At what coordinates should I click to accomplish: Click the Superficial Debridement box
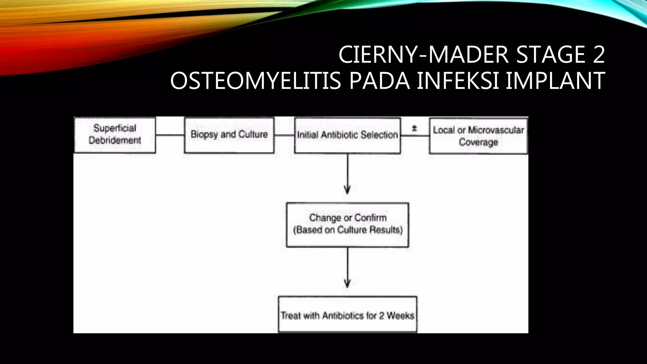coord(114,135)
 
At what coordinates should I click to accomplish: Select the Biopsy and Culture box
coord(229,135)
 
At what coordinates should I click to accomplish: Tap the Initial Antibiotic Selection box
coord(347,135)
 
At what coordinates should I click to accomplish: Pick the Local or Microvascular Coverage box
coord(478,136)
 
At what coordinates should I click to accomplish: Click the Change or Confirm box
coord(348,224)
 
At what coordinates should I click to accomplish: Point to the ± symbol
coord(414,129)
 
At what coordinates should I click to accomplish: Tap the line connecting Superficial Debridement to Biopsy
coord(170,135)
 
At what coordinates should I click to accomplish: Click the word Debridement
coord(114,141)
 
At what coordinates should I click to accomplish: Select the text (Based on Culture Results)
coord(348,230)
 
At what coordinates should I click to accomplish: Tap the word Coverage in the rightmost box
coord(478,142)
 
